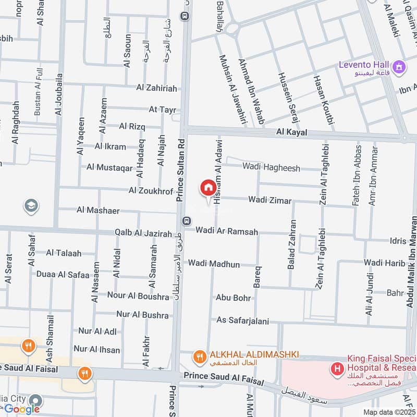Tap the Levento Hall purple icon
400,66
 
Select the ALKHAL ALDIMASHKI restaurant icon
199,357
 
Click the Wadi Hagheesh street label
271,167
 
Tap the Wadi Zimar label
269,200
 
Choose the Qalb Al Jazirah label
143,234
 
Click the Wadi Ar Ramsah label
227,230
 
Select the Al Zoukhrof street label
151,191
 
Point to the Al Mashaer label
98,211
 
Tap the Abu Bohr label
234,298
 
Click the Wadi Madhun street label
214,264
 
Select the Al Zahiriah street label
156,89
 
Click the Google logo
22,409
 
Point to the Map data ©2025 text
388,412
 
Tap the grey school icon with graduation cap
31,206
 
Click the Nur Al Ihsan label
97,350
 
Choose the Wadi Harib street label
385,262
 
